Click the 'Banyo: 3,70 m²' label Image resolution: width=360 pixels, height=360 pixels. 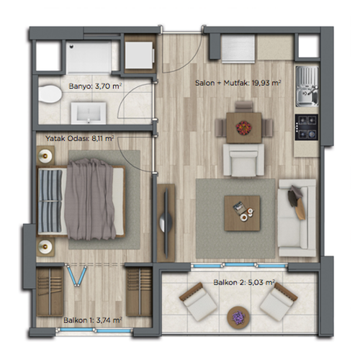(95, 86)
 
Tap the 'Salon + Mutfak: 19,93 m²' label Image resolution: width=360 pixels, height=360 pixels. (238, 83)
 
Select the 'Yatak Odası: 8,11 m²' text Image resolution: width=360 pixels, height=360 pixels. (80, 138)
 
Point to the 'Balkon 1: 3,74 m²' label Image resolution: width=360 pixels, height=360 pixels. (93, 320)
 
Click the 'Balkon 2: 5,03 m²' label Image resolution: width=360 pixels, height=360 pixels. (244, 282)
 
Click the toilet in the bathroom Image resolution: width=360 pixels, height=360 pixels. (50, 94)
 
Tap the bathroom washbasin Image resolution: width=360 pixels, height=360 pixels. (89, 113)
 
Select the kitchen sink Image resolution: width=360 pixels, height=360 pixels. (307, 86)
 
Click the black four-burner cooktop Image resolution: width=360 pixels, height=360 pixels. (307, 127)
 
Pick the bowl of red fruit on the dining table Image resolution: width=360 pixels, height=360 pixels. (243, 127)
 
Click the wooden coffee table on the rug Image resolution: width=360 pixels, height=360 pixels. (242, 213)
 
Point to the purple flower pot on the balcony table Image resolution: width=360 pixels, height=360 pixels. (238, 318)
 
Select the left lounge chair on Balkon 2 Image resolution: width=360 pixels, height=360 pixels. (198, 302)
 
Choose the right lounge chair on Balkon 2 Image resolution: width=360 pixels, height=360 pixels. (279, 302)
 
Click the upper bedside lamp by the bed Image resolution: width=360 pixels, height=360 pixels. (45, 156)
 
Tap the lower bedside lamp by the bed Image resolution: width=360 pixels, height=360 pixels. (45, 246)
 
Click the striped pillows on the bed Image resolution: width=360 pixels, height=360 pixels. (50, 201)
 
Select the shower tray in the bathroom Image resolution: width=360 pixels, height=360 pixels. (89, 57)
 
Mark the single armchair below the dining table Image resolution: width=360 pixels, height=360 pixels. (243, 160)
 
